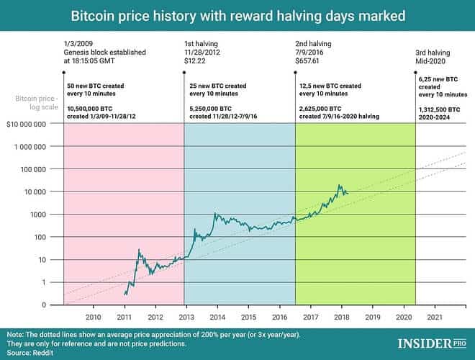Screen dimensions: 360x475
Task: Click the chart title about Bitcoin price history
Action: [x=237, y=14]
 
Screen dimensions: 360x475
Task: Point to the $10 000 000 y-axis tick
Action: [x=27, y=124]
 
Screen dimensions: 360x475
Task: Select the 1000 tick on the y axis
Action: [x=37, y=215]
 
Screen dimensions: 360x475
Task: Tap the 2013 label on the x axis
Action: [x=185, y=317]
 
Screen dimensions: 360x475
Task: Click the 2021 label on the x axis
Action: [x=434, y=317]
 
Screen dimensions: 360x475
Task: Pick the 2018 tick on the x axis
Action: [x=341, y=317]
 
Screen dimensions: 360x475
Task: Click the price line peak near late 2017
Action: [x=338, y=185]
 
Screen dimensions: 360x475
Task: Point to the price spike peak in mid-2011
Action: [x=138, y=250]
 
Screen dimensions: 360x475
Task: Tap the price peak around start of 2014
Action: [x=214, y=213]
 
